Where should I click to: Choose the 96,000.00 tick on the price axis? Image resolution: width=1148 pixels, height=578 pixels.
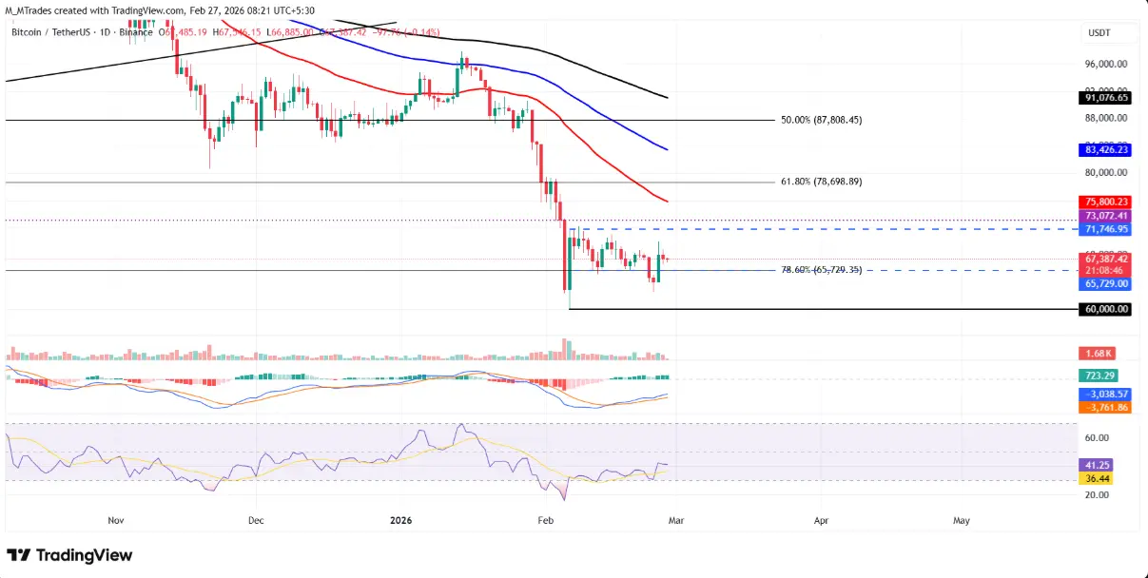(1107, 65)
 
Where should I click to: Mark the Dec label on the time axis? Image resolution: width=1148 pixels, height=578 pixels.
(256, 521)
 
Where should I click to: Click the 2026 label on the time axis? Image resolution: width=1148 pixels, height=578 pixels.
(400, 521)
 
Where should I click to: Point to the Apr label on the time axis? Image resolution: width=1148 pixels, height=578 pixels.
(819, 521)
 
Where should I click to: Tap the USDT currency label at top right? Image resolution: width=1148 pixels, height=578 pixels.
(1099, 33)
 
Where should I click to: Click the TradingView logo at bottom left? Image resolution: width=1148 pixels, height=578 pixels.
(69, 555)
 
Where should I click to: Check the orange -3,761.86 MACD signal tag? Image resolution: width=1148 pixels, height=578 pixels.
(1104, 407)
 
